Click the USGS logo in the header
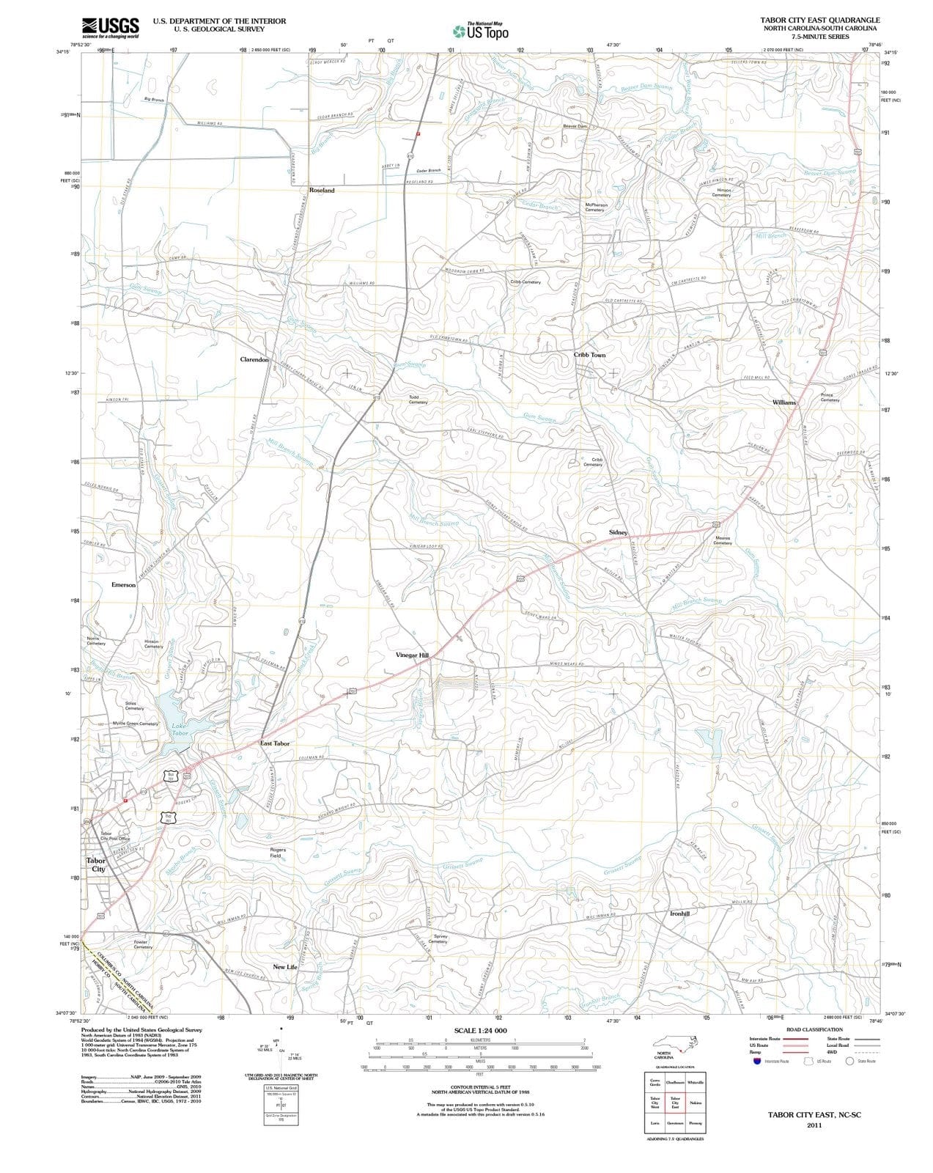coord(111,27)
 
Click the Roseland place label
coord(321,191)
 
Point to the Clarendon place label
coord(254,360)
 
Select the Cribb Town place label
coord(589,355)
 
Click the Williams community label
coord(783,402)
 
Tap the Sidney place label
coord(618,532)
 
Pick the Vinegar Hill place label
coord(411,655)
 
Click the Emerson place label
coord(123,585)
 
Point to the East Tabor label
coord(275,743)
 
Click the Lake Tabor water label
coord(180,729)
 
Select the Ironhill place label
coord(679,913)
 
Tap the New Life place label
coord(285,967)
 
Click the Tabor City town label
coord(97,865)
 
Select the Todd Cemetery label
coord(418,400)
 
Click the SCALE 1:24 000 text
coord(480,1030)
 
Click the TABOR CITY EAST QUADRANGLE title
coord(820,20)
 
